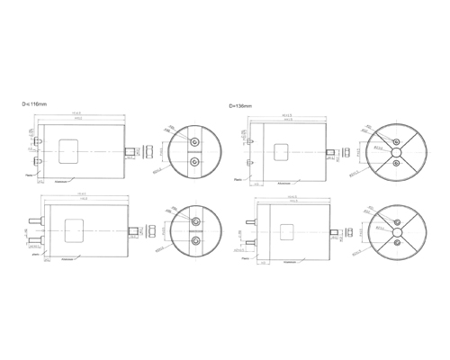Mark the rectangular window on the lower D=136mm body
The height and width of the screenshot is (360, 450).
coord(288,229)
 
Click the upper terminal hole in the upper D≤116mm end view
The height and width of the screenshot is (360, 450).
coord(194,141)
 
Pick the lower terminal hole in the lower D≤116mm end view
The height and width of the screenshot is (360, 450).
coord(194,241)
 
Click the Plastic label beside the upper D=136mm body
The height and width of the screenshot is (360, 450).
coord(237,178)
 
